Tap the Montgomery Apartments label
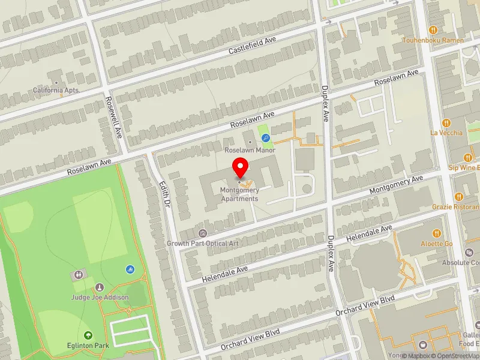239,194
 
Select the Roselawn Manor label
250,150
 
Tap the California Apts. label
56,91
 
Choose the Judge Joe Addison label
100,298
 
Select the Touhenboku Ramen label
433,40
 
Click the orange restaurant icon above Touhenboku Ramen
433,29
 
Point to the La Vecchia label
446,133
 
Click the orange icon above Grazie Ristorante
458,196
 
